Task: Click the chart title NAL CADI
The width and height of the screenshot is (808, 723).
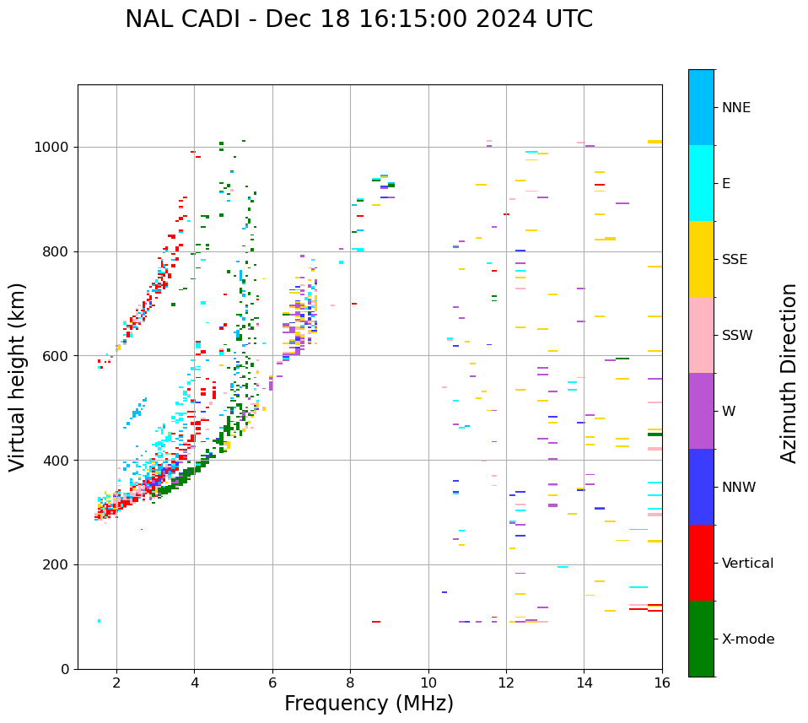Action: tap(358, 19)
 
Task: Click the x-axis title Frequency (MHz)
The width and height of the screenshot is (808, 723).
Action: tap(369, 704)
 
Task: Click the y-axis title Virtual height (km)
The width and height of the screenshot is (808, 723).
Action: tap(18, 377)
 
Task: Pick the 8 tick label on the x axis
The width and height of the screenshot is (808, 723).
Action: tap(350, 683)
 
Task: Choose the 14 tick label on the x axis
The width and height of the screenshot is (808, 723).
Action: tap(584, 683)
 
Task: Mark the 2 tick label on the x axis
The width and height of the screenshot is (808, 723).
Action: tap(116, 683)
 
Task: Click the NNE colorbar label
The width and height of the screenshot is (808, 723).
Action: tap(736, 108)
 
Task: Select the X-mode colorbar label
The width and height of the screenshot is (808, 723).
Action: tap(747, 639)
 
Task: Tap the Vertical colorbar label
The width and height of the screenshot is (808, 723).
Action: tap(747, 564)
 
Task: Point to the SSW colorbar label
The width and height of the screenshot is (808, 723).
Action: tap(737, 336)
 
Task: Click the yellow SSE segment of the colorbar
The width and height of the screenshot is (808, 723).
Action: tap(701, 259)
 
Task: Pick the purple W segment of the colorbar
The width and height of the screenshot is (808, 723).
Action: tap(701, 411)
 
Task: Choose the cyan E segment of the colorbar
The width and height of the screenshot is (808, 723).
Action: tap(701, 183)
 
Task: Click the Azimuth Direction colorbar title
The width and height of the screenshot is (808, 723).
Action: tap(789, 373)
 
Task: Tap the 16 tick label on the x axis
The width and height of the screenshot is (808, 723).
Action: tap(662, 683)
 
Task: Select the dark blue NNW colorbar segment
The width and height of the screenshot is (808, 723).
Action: tap(701, 487)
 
